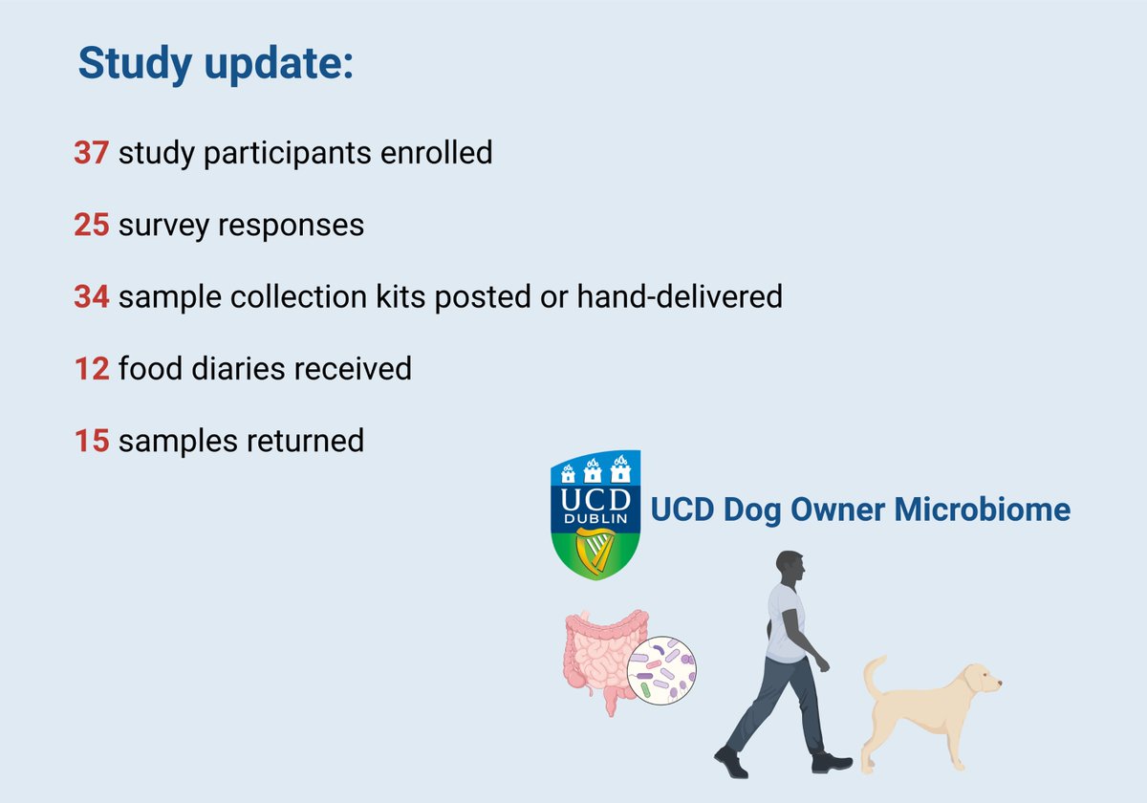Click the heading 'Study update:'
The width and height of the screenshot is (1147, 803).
point(215,63)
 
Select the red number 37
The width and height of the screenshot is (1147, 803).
point(92,152)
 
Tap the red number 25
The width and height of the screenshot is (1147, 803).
point(92,225)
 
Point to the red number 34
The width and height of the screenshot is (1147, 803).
point(92,297)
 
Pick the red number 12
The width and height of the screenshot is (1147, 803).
point(92,368)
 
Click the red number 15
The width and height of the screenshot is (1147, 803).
point(92,441)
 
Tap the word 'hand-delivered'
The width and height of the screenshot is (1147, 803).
point(679,297)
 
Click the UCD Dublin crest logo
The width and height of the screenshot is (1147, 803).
point(596,516)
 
